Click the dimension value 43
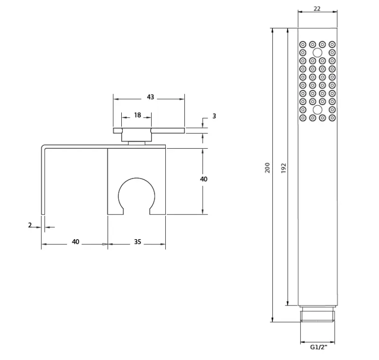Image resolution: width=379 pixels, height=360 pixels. (x=150, y=97)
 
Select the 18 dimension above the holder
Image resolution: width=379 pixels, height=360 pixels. (x=137, y=115)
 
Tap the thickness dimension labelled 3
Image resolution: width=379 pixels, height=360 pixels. (x=214, y=116)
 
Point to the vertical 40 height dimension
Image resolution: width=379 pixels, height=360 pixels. (x=204, y=179)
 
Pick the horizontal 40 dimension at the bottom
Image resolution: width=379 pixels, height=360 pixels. (x=75, y=242)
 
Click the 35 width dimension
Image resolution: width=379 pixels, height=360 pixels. (x=137, y=242)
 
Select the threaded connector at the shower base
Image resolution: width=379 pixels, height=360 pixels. (x=318, y=315)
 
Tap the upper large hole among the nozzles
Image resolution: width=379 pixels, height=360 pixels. (x=317, y=53)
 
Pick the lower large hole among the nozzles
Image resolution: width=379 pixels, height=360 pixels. (x=317, y=109)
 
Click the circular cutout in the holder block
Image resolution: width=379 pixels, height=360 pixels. (x=136, y=196)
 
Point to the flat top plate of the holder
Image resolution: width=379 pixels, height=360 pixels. (x=148, y=130)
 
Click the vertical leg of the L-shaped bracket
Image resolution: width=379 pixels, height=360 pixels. (x=42, y=180)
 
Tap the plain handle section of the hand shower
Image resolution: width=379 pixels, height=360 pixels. (x=317, y=213)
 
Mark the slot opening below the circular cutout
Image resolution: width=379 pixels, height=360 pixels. (x=136, y=212)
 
